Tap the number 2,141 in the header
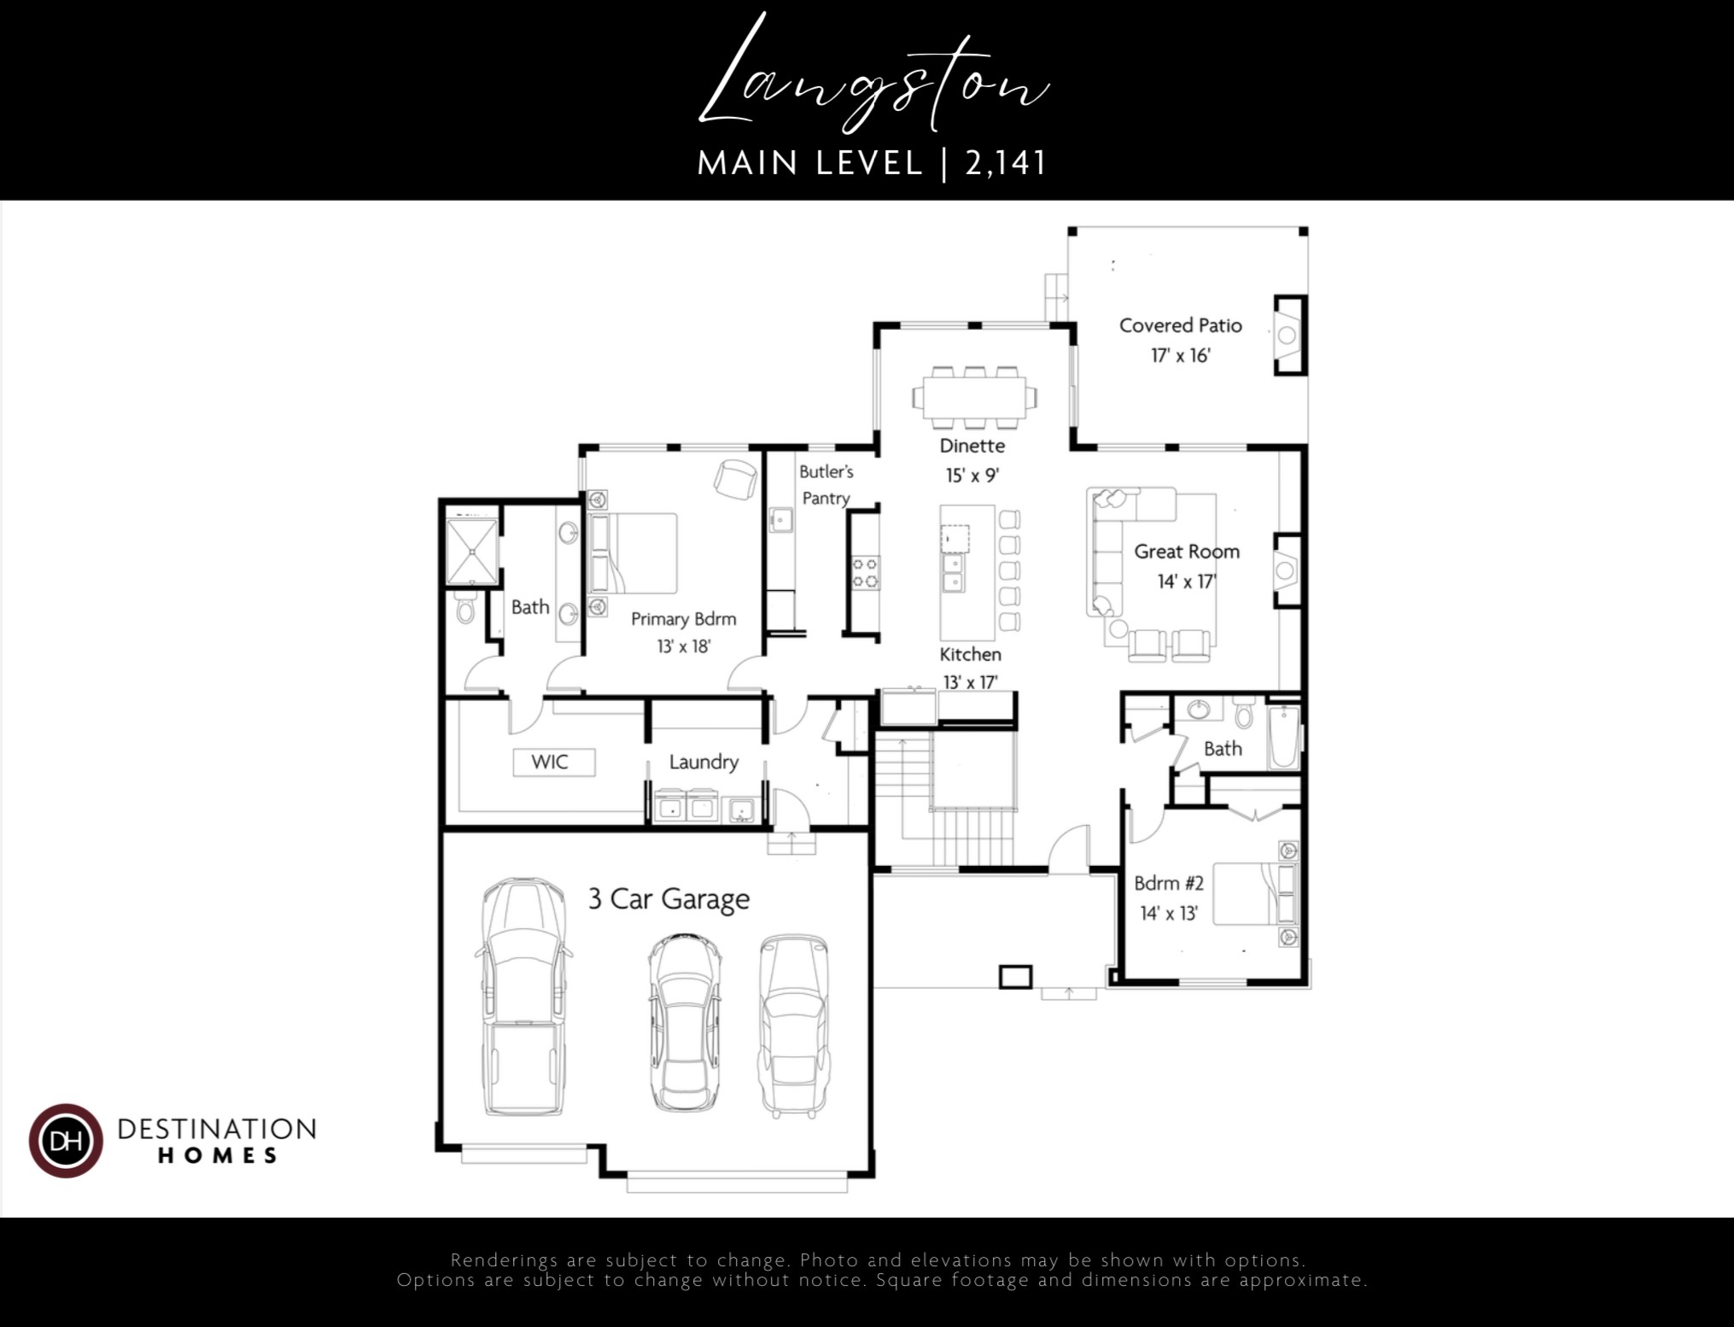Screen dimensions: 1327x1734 click(1005, 163)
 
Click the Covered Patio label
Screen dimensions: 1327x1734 click(1180, 325)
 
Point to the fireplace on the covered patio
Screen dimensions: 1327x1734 click(1288, 335)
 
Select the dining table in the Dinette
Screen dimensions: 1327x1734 click(974, 397)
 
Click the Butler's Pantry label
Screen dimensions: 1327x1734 click(826, 484)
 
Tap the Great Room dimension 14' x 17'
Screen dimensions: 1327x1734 click(1186, 582)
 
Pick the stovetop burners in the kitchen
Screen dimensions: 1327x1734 click(866, 572)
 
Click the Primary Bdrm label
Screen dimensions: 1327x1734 click(683, 619)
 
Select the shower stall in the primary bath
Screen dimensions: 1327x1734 click(471, 552)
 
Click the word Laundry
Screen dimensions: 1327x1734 click(704, 762)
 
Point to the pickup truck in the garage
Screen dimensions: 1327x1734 click(522, 997)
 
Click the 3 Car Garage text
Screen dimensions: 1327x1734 click(668, 899)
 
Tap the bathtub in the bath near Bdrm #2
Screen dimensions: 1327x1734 click(1283, 737)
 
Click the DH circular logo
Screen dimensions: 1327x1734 click(66, 1141)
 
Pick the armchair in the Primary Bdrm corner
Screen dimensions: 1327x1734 click(736, 478)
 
